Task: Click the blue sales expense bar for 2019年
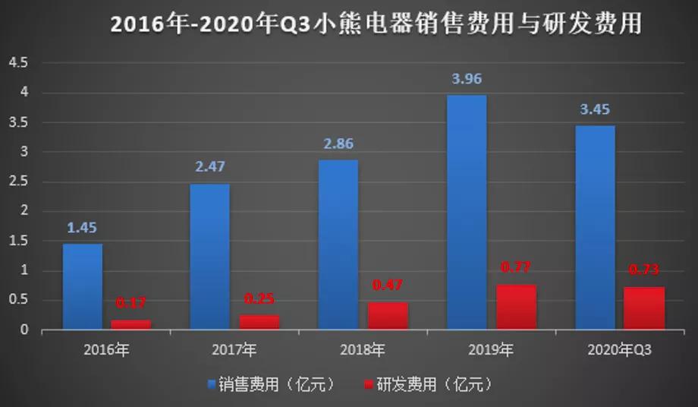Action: [467, 213]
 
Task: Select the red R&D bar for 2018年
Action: [388, 316]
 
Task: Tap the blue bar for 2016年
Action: [82, 287]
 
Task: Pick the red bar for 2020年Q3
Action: [644, 308]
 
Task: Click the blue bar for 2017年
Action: [210, 257]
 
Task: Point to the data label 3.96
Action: [467, 78]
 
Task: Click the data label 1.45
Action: [82, 227]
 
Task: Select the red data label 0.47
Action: [388, 286]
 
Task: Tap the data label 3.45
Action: [594, 109]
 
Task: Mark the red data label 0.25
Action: [260, 299]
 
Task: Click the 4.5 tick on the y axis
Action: [17, 63]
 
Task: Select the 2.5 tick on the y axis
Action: [17, 181]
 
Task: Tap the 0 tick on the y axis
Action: [24, 330]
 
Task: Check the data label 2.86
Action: [338, 144]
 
